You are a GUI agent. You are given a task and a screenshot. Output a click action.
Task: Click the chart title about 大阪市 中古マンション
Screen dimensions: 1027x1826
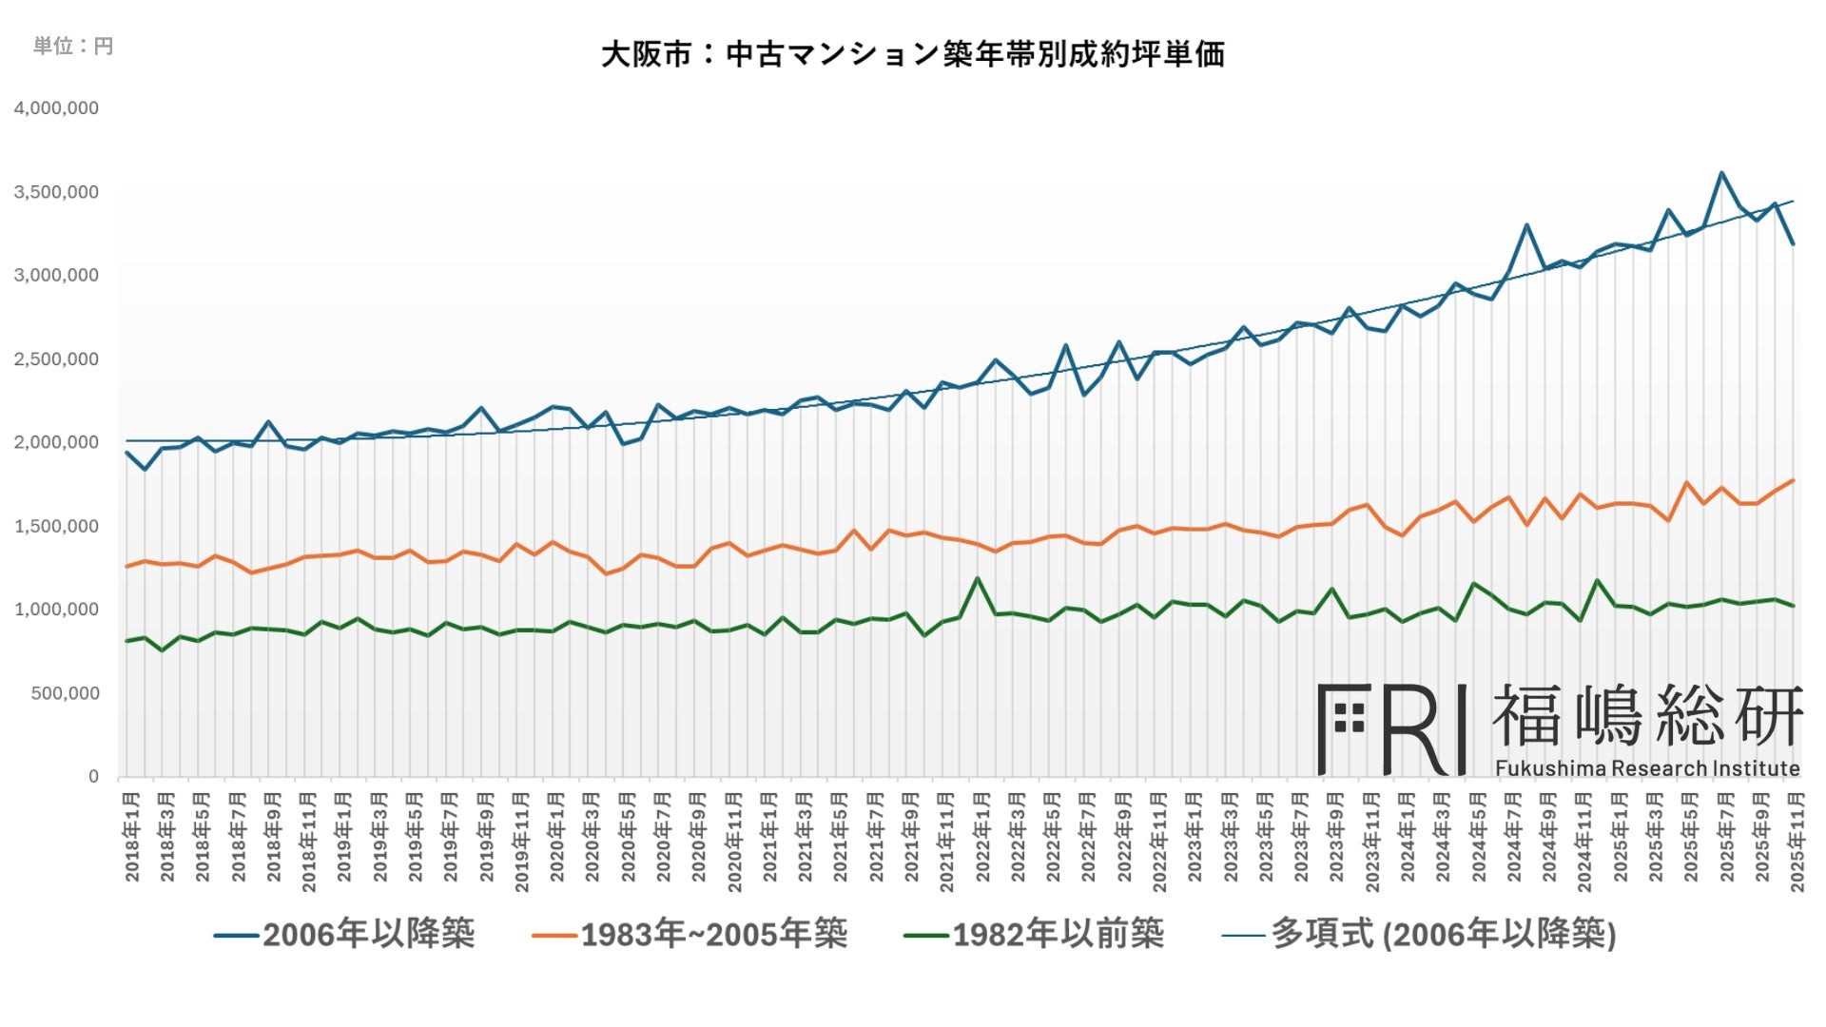(912, 54)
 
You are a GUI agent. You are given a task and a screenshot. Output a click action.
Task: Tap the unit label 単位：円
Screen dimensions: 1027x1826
(73, 46)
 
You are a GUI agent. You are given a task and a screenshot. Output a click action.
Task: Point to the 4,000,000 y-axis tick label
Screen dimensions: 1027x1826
(56, 108)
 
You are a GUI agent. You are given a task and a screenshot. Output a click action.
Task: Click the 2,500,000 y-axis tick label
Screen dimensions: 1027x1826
(56, 359)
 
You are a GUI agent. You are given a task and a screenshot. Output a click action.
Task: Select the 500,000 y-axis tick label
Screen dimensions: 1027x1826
(65, 693)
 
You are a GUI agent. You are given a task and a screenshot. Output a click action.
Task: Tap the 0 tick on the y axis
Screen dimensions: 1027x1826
(93, 777)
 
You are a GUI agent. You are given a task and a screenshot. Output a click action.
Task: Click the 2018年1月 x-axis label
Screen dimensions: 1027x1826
(131, 837)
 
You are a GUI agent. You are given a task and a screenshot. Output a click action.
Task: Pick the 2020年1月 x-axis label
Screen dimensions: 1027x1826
(557, 837)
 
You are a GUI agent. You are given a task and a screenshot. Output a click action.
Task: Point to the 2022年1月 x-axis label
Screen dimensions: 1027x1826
(982, 837)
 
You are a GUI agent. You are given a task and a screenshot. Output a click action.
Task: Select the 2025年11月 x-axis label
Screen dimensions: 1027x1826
(1797, 843)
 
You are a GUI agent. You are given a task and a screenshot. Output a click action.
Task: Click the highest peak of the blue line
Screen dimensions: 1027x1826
(1721, 173)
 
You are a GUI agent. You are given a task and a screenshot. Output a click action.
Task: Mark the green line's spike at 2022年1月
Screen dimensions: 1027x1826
(977, 578)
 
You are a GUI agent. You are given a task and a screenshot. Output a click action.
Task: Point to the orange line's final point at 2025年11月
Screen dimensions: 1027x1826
(1793, 480)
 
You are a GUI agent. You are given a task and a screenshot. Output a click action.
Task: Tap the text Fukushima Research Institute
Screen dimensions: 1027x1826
(1647, 768)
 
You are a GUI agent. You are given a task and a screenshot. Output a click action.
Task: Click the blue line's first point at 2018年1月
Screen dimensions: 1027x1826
(126, 453)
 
